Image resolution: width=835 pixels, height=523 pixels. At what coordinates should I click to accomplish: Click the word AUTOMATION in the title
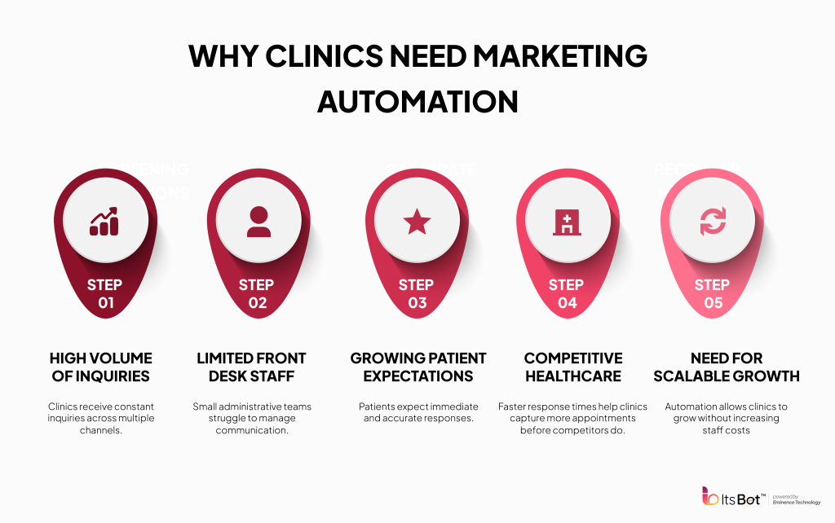point(417,101)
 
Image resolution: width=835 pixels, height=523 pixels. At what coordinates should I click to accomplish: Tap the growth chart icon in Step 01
point(104,221)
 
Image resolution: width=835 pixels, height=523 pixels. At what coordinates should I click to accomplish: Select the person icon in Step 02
point(258,221)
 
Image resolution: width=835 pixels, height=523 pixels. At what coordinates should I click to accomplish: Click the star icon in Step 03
point(417,221)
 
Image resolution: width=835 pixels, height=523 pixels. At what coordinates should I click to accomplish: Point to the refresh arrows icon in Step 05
point(713,221)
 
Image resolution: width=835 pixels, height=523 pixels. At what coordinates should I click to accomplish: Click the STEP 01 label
point(104,293)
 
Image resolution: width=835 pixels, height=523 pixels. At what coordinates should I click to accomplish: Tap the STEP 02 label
point(258,293)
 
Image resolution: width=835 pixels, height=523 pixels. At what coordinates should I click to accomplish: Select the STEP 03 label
point(417,293)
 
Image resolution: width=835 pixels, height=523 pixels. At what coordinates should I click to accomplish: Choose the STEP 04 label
point(566,293)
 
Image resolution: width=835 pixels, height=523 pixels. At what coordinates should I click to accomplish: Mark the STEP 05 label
point(712,293)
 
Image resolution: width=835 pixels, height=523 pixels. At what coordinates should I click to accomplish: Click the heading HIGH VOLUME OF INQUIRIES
point(101,367)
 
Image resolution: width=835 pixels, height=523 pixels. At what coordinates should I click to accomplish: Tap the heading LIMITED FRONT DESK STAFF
point(251,367)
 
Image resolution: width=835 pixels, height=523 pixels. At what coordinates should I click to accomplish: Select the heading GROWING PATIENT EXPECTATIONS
point(417,367)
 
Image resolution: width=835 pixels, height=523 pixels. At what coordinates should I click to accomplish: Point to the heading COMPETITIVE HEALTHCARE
point(573,367)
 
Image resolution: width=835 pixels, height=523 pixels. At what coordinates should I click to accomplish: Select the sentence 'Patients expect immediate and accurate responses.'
point(417,412)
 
